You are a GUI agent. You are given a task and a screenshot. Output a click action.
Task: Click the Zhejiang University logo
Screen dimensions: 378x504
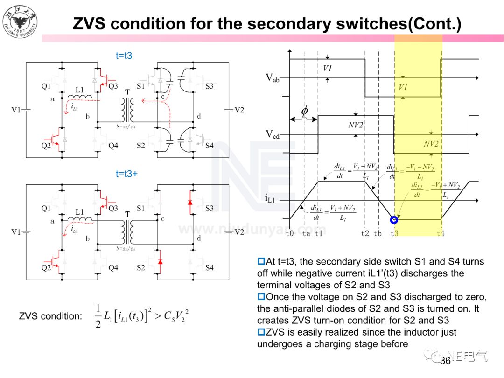[x=20, y=21]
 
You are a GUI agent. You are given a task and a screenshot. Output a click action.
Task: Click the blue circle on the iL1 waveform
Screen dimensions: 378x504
[x=394, y=219]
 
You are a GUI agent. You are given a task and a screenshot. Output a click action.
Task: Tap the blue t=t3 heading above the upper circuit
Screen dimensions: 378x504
[x=124, y=56]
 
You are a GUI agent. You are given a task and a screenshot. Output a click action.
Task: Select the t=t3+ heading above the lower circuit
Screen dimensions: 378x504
[x=126, y=174]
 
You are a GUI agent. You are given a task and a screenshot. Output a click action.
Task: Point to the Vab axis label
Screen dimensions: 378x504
[x=273, y=78]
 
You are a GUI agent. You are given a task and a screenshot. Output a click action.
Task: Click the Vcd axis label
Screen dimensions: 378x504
[x=273, y=135]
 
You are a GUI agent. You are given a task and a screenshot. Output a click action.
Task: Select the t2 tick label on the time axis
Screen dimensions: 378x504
[x=365, y=233]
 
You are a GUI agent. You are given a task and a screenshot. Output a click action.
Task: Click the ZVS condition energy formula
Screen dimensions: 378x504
[x=142, y=316]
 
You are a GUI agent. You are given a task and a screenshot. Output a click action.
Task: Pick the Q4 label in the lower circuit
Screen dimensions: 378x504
[x=113, y=267]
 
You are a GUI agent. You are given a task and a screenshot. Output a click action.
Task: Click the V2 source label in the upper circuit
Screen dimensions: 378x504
[x=239, y=110]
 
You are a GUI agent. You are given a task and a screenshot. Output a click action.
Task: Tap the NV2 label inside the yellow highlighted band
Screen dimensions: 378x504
[x=431, y=144]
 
